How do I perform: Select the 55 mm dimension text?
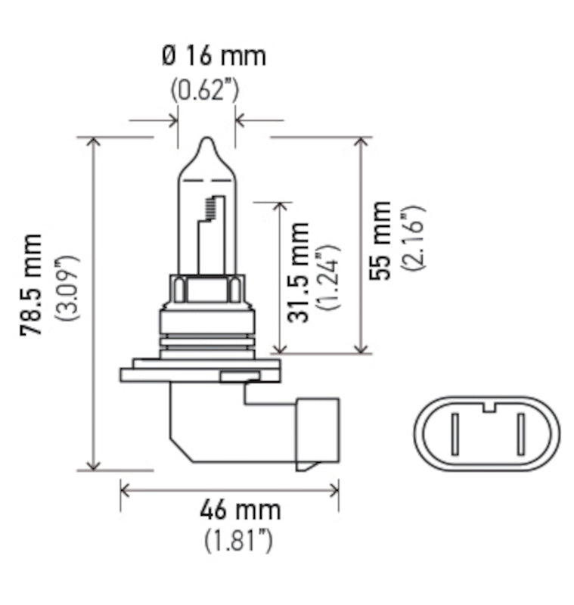(x=381, y=240)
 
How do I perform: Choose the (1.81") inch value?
(x=238, y=541)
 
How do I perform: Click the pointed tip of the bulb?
(x=206, y=141)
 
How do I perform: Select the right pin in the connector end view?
(x=521, y=436)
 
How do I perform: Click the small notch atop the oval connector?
(x=489, y=408)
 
